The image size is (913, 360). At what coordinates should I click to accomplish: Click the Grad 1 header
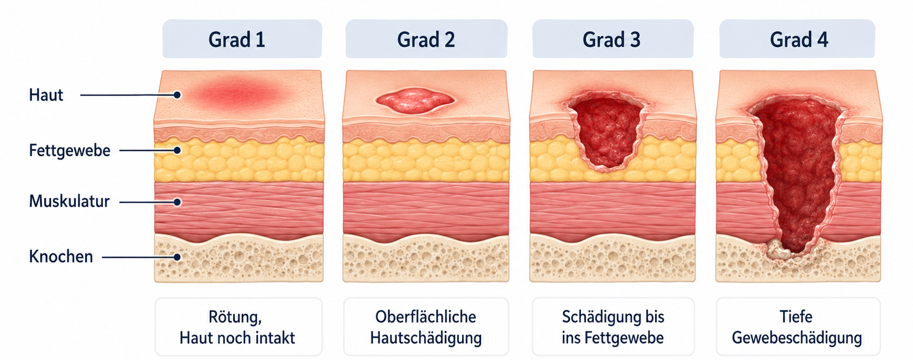242,39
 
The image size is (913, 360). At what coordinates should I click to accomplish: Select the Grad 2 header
426,39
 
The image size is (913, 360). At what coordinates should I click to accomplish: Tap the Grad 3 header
613,39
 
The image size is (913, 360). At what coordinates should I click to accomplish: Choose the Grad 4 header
797,39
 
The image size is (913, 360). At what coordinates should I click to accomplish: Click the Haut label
46,95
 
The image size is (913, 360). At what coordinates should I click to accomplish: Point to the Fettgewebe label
70,150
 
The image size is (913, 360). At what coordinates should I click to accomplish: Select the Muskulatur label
69,202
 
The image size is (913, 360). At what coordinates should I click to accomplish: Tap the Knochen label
61,256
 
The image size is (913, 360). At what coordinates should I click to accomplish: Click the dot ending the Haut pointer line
177,95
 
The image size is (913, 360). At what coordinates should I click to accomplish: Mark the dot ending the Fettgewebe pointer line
177,150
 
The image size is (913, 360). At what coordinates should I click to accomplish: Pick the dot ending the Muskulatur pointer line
177,202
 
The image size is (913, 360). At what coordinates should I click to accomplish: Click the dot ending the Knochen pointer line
177,257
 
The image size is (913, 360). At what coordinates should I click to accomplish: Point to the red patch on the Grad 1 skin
241,95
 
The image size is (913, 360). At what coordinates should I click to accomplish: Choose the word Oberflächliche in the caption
425,317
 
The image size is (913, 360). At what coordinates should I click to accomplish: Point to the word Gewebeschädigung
797,338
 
